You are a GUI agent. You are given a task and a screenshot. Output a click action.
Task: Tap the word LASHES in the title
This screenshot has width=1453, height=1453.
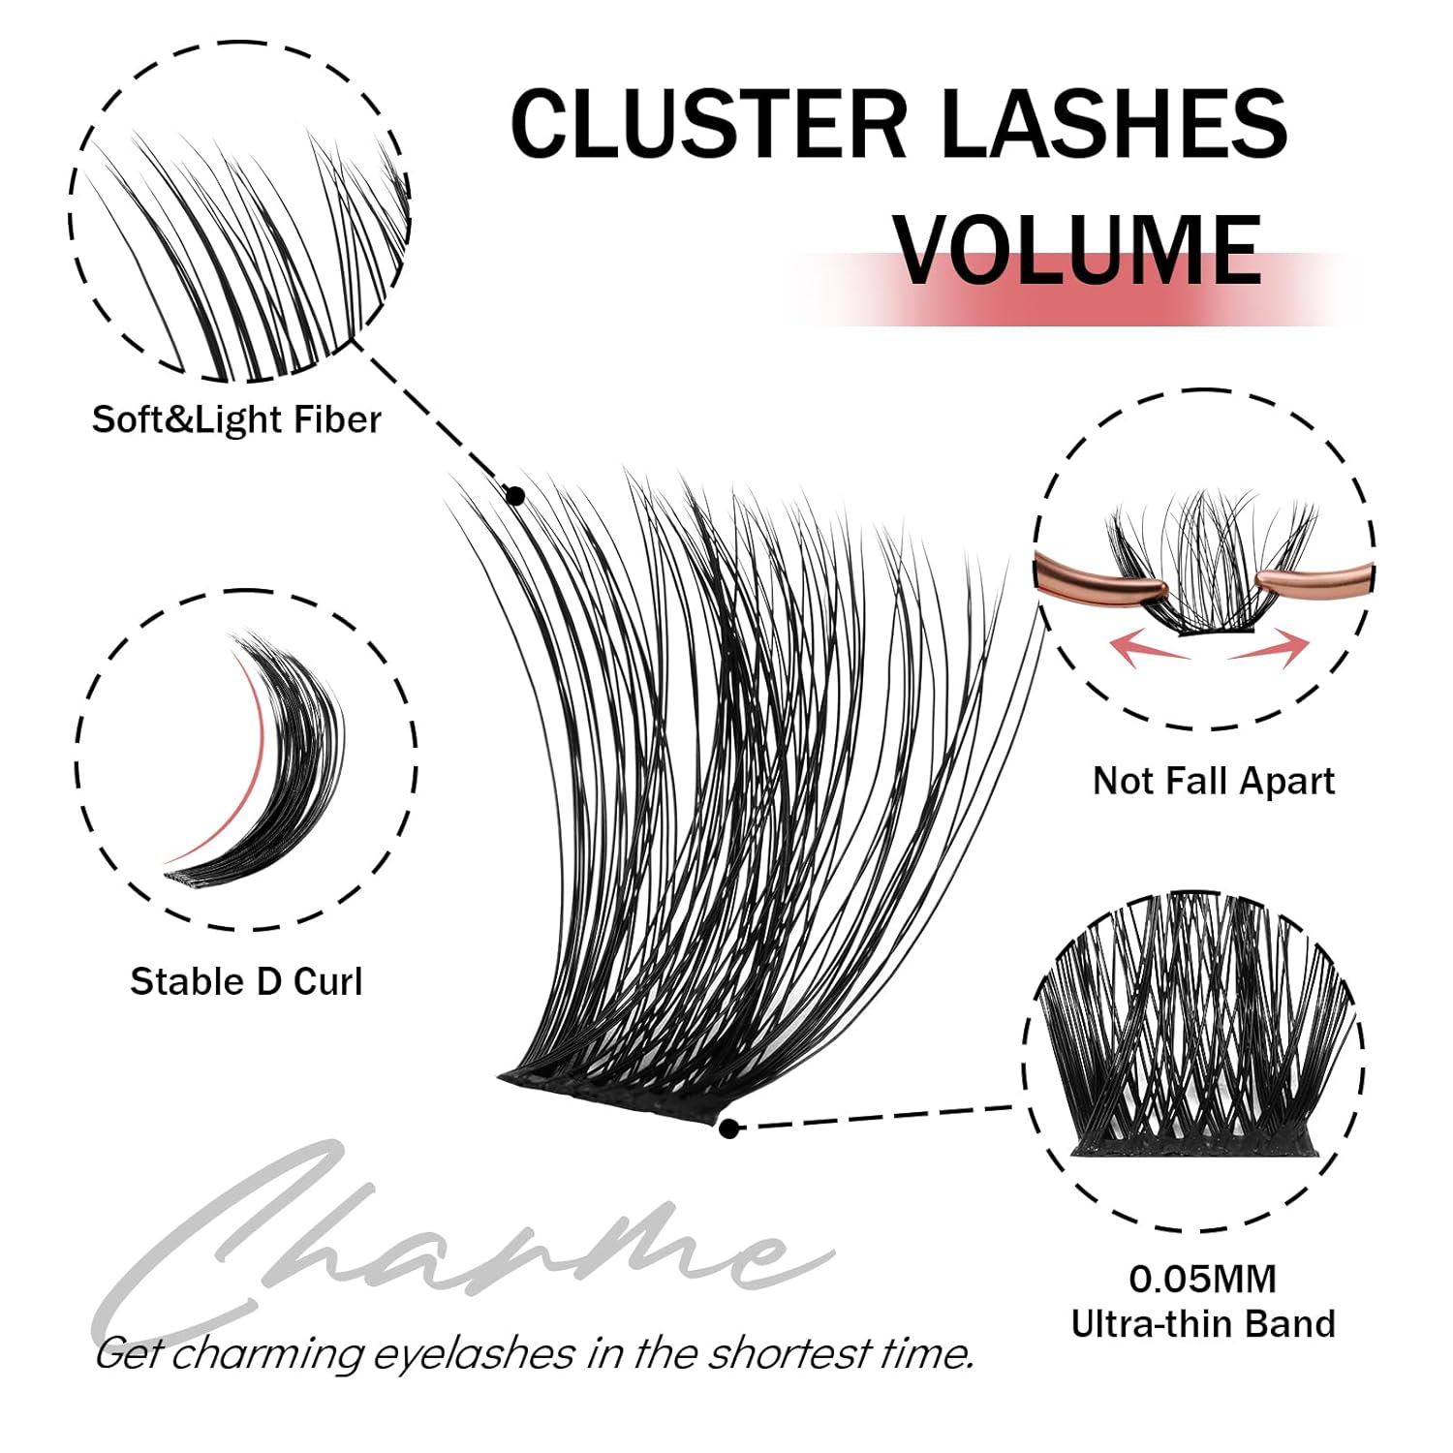pos(1114,123)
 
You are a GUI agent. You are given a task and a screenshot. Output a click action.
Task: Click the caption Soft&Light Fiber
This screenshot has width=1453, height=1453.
pos(236,420)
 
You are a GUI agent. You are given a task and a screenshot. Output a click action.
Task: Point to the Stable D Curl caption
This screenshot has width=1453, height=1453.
pos(246,982)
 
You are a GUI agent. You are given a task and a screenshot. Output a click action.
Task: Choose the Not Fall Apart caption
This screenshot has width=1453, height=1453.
pos(1213,781)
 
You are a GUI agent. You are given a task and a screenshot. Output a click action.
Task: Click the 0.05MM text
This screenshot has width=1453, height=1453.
pos(1202,1280)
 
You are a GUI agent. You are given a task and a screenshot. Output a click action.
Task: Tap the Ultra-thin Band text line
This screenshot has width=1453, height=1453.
pos(1202,1324)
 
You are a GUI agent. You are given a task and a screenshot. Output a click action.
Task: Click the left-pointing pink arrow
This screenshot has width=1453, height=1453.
pos(1148,646)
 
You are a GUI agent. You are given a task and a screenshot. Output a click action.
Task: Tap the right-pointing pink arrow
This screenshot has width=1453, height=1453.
pos(1271,646)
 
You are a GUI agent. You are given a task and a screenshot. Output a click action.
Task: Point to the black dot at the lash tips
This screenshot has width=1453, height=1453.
pos(515,496)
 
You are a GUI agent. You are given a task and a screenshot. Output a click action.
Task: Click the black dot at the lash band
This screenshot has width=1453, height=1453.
pos(729,1128)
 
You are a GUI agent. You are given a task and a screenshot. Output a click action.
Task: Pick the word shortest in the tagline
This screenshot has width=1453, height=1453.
pos(788,1353)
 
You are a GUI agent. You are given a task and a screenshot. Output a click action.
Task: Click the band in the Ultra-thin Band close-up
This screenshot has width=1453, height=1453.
pos(1193,1147)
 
